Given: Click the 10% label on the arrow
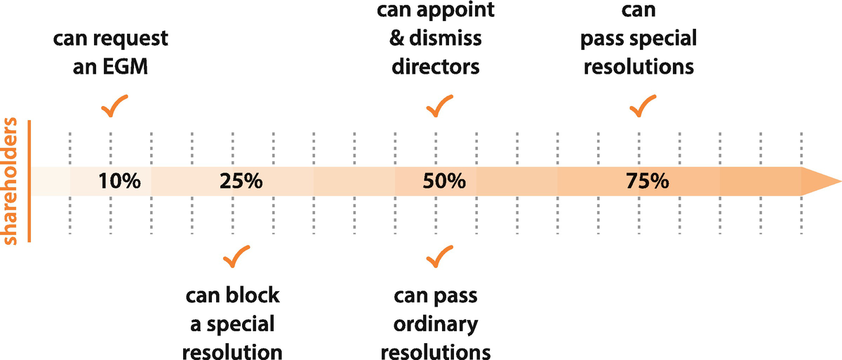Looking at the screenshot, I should pos(119,182).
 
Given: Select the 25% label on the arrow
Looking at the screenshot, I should pos(241,182).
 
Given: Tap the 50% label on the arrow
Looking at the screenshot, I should pos(444,182).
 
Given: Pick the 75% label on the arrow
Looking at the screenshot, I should pos(647,182).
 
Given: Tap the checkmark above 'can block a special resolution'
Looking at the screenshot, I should pos(236,257).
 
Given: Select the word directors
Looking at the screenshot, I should pos(436,67).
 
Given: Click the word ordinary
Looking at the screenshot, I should pos(436,324).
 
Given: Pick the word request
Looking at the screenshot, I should pos(133,39).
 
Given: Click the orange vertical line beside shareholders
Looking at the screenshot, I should pos(29,182).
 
